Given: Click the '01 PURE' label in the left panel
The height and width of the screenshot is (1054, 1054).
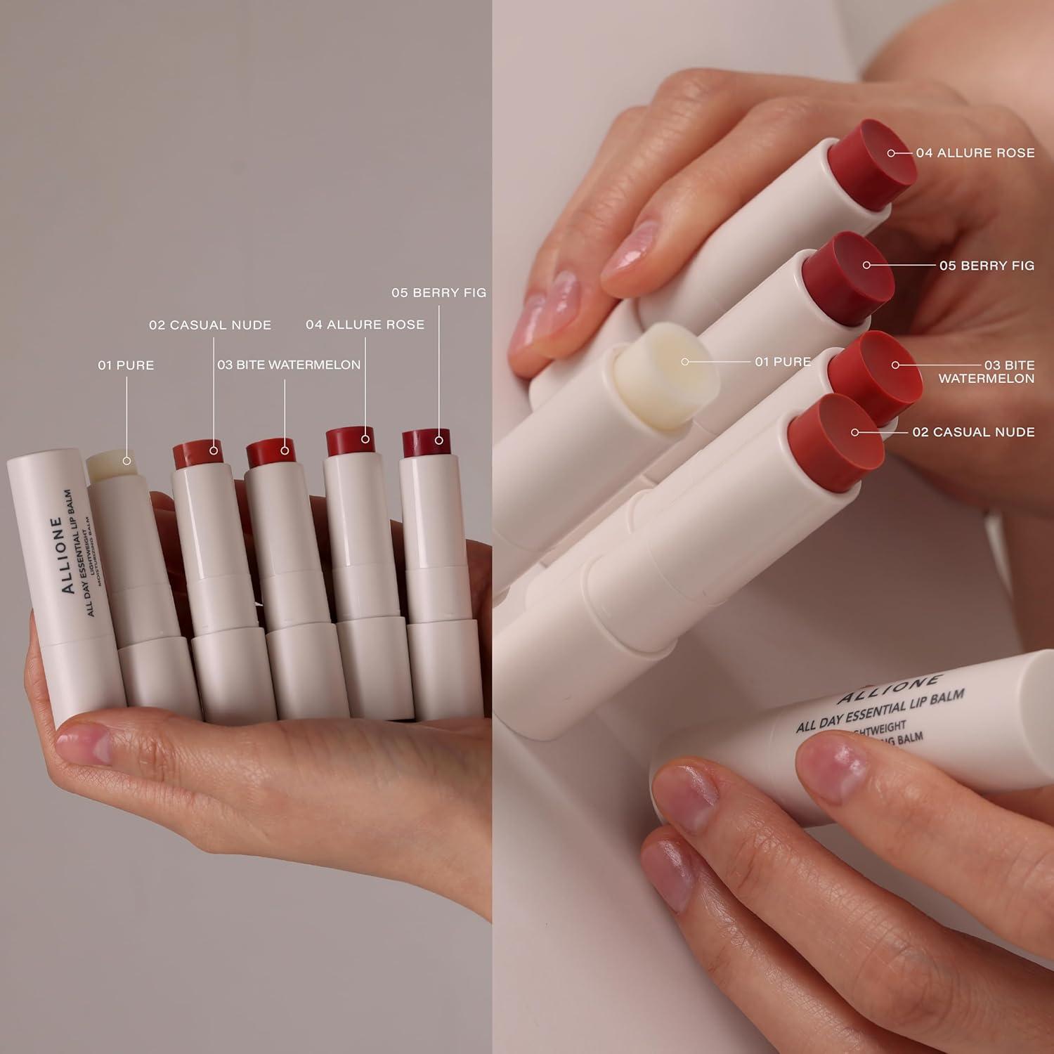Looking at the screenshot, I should [126, 365].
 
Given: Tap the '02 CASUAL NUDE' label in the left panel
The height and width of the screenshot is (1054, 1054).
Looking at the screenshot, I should [209, 325].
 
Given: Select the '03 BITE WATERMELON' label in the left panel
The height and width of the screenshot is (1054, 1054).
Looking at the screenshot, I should [288, 365].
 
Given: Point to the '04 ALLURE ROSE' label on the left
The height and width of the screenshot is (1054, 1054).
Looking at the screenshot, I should [365, 325].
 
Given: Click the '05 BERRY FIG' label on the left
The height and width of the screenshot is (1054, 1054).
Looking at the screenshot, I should [438, 292].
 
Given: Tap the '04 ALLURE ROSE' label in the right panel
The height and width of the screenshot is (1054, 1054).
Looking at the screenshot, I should [975, 153].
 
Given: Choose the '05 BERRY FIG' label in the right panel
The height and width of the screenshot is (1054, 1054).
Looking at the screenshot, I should [986, 266].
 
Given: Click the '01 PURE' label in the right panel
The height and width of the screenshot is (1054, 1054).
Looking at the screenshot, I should [782, 362].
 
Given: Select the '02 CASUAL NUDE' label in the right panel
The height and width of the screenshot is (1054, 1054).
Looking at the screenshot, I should [972, 432].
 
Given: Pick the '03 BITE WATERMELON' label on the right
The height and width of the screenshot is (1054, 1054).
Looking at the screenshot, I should [987, 372].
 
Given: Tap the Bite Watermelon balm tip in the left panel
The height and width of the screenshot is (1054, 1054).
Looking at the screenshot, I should [271, 452].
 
